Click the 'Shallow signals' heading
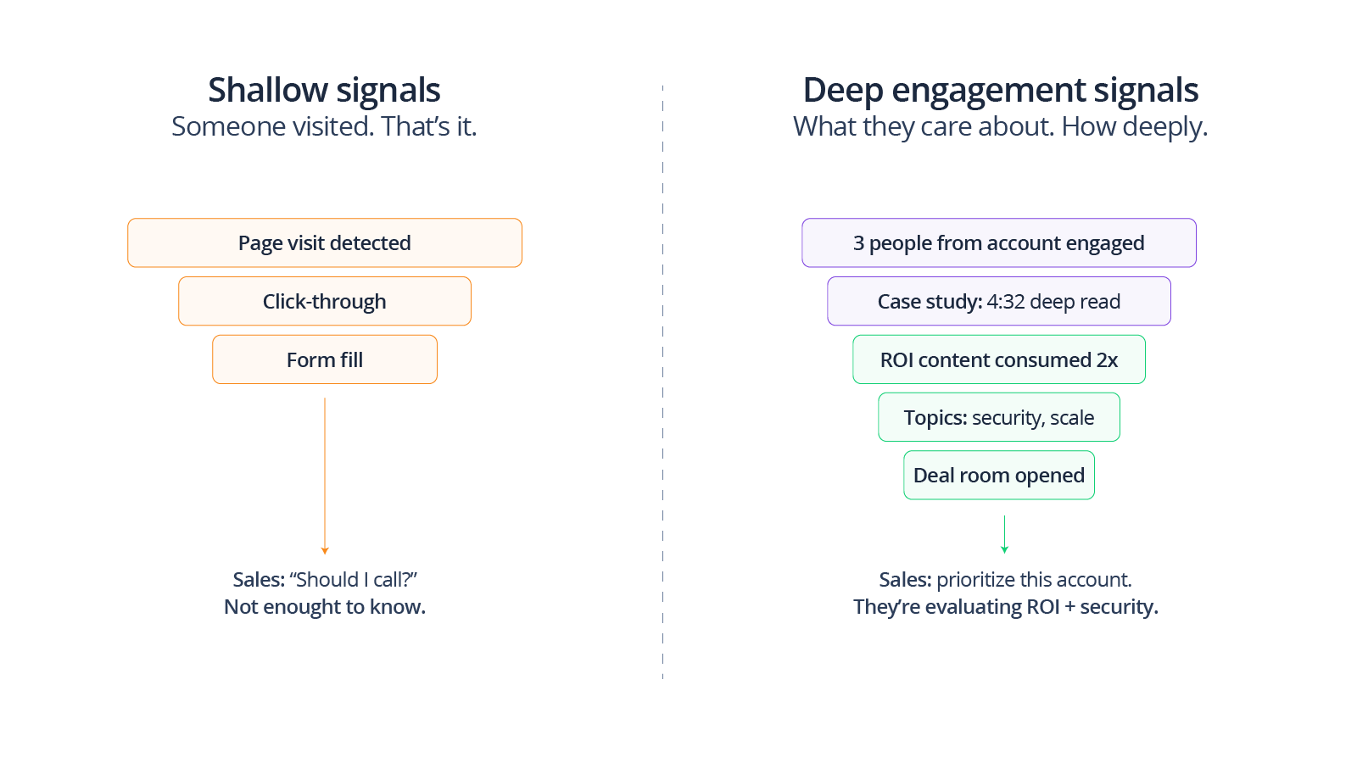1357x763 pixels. pos(324,91)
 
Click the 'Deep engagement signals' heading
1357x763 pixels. pos(1000,91)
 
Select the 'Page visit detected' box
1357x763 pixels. pos(325,243)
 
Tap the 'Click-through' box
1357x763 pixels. pos(325,302)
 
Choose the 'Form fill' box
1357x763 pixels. pos(325,360)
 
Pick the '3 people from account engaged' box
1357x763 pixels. pos(999,243)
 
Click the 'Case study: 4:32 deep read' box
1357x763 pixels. pos(999,302)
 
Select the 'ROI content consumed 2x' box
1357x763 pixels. pos(999,360)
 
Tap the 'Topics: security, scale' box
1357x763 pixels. pos(999,418)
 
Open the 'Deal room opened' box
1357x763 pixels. pos(999,476)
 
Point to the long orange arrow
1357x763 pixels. pos(325,475)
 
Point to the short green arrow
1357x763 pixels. pos(1004,534)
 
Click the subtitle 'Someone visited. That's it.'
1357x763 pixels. pos(324,127)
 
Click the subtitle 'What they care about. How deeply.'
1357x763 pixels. pos(1000,127)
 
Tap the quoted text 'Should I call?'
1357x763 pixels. pos(354,580)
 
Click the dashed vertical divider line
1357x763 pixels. pos(662,381)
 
